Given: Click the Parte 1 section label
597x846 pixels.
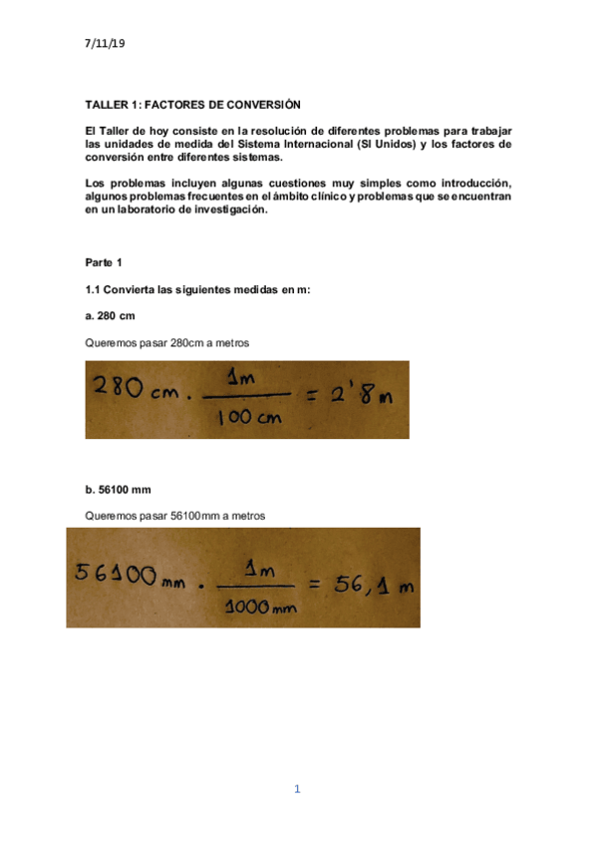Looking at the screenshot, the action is click(x=105, y=262).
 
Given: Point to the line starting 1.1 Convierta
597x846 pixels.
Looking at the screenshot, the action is click(x=198, y=289).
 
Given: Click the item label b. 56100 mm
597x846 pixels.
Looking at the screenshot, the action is click(x=119, y=490).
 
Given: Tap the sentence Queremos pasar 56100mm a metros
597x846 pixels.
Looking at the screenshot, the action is click(x=175, y=516).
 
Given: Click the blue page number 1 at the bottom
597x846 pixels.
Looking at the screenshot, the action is click(x=297, y=789).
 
